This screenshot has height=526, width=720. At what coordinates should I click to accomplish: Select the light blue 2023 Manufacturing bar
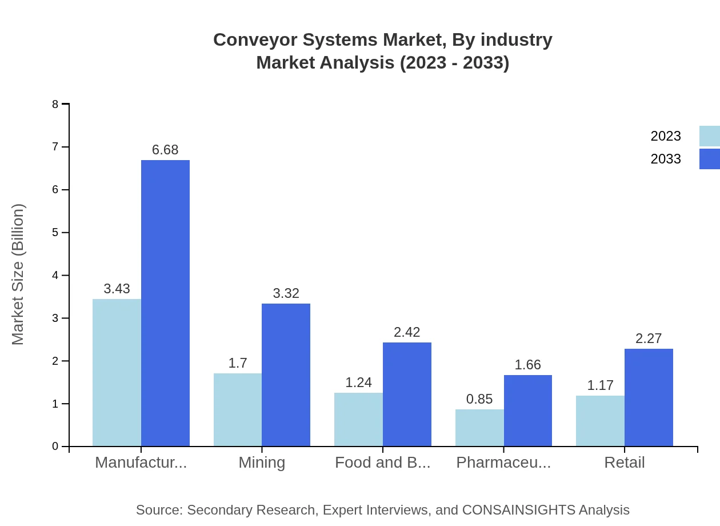click(117, 372)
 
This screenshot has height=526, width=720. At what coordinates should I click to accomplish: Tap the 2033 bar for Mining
click(286, 374)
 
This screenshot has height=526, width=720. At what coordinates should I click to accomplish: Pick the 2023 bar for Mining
click(238, 409)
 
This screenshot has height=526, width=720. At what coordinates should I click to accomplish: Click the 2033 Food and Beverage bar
click(407, 394)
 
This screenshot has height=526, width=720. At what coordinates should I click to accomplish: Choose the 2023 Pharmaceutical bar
click(479, 428)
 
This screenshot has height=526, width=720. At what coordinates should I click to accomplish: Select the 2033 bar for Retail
click(649, 397)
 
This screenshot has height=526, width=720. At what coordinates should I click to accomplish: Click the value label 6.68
click(165, 150)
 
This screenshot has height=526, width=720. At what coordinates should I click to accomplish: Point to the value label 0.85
click(479, 399)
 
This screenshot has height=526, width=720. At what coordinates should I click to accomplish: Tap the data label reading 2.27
click(649, 338)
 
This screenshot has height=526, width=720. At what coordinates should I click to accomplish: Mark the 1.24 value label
click(359, 382)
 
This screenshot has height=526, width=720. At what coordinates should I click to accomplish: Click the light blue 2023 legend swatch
click(709, 136)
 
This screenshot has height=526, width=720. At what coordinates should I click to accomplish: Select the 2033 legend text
click(666, 159)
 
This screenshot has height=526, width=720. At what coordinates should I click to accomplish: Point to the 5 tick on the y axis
click(55, 233)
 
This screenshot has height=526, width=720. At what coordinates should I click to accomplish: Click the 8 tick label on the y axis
click(55, 104)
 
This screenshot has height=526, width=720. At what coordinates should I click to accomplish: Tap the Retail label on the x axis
click(625, 463)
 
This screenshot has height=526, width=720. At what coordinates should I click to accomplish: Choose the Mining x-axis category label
click(262, 463)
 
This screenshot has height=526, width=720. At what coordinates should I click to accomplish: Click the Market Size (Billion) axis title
click(18, 274)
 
